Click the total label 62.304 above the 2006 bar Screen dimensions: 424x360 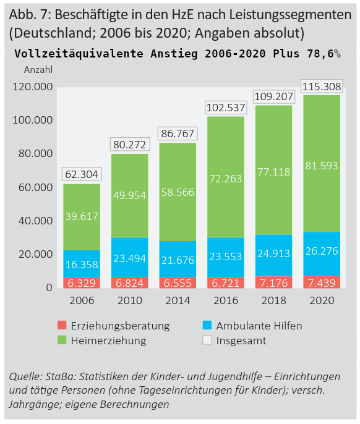(x=82, y=175)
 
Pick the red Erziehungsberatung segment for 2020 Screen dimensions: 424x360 (x=320, y=282)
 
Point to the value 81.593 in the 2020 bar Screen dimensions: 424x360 (x=320, y=166)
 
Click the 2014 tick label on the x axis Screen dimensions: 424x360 (x=178, y=300)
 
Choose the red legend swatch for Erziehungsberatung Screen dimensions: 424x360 (x=62, y=325)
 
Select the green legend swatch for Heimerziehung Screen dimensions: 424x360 (x=62, y=340)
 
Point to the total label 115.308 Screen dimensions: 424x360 (x=320, y=87)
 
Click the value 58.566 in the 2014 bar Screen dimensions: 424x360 (x=178, y=192)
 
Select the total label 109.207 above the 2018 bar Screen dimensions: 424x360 (x=273, y=97)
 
